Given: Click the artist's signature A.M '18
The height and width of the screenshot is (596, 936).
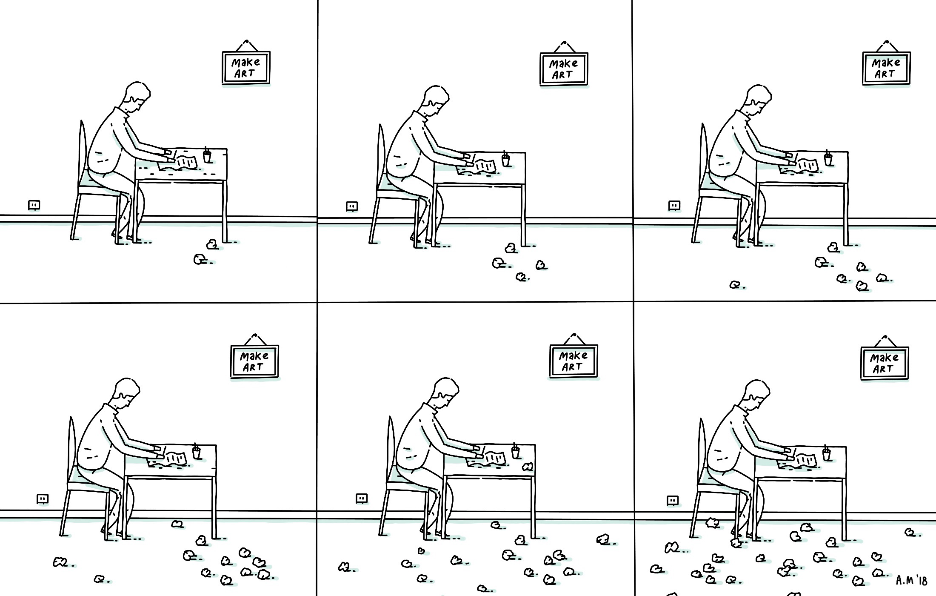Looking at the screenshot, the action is [911, 580].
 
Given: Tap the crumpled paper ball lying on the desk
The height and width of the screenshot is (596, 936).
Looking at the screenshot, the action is [528, 467].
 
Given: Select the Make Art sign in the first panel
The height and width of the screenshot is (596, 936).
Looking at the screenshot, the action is [246, 67].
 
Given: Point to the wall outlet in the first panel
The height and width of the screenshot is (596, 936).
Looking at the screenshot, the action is [34, 206].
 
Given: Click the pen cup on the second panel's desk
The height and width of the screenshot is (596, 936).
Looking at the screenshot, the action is [505, 160].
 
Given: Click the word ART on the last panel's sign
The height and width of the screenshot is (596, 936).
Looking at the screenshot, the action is [883, 369].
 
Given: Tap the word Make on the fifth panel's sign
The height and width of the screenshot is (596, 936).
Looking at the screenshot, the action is [573, 355].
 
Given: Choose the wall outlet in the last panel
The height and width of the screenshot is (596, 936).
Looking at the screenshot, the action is [673, 500].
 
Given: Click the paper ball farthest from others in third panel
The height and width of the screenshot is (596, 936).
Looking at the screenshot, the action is [735, 285].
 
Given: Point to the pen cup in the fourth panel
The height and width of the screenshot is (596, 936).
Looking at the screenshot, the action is [196, 452].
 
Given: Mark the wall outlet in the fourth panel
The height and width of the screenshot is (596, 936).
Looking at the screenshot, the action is [42, 499].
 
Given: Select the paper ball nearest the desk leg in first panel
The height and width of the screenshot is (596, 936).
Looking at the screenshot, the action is [212, 244].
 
